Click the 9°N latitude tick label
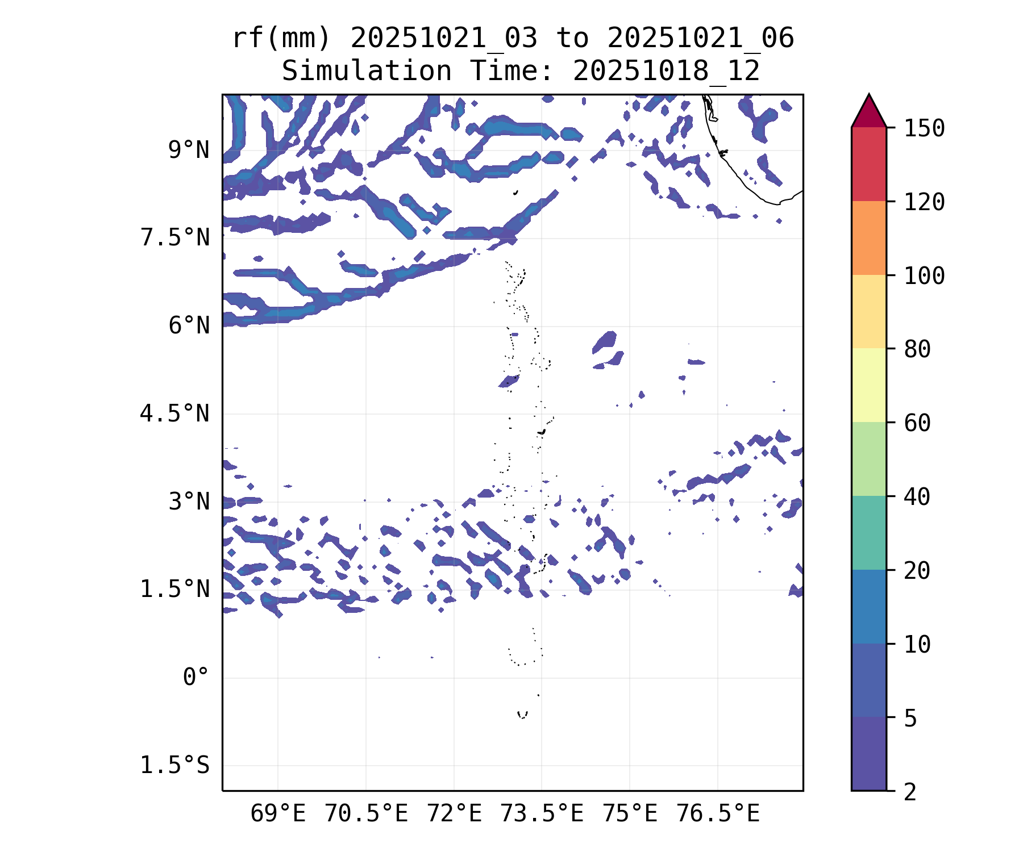pos(189,151)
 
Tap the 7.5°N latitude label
pos(175,238)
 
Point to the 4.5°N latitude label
pos(175,414)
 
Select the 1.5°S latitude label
pos(175,765)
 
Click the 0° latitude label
pos(196,677)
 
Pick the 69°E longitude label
pos(278,813)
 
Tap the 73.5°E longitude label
pos(542,813)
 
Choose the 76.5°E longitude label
pos(718,813)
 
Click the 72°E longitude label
pos(454,813)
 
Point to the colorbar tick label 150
pos(924,128)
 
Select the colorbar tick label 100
pos(924,276)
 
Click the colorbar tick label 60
pos(917,423)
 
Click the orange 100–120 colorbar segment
pos(868,238)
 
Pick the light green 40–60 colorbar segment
pos(868,459)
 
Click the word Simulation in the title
pos(367,72)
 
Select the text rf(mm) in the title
pos(281,39)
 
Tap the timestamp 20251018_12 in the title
pos(666,72)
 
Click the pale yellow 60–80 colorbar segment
pos(868,385)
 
